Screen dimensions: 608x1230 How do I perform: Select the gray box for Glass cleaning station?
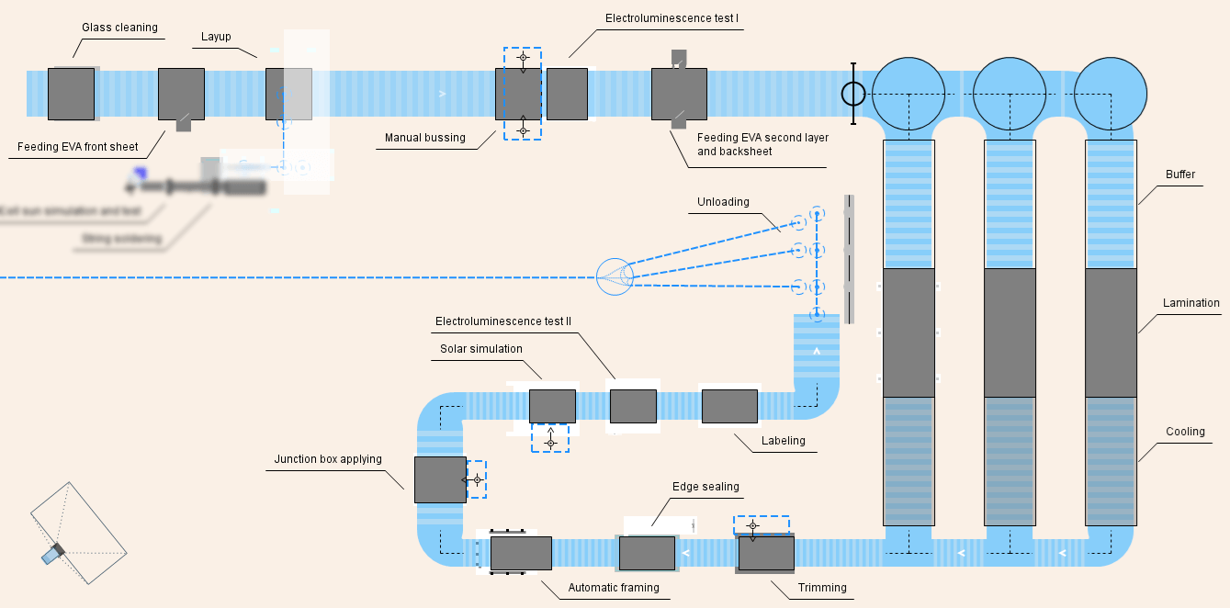coord(71,94)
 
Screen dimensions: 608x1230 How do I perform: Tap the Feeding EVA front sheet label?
coord(78,147)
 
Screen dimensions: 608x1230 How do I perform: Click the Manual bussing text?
coord(425,139)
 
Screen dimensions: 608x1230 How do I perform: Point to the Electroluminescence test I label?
coord(671,18)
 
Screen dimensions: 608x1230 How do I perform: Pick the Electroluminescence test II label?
coord(503,321)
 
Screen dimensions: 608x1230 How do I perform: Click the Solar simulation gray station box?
coord(552,406)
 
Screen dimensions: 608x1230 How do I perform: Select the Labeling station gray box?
coord(729,406)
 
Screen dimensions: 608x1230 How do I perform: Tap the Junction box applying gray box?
coord(440,479)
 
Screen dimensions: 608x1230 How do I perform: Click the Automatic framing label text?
coord(614,588)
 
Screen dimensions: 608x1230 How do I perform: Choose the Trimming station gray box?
coord(766,554)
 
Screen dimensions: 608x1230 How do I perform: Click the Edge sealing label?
coord(705,487)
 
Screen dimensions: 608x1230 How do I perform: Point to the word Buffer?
coord(1180,175)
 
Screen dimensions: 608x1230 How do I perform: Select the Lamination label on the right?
coord(1191,303)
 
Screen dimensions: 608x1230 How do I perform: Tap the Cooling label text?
coord(1185,432)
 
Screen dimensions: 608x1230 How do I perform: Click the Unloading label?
coord(723,202)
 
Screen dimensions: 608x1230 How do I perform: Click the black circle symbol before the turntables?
coord(853,94)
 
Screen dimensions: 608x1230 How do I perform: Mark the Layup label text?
coord(216,37)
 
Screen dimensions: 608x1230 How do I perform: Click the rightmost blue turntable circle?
coord(1110,94)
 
